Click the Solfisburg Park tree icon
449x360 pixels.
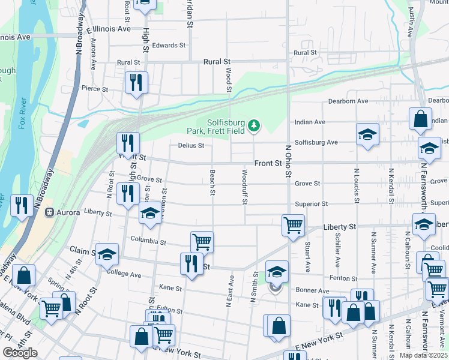255,125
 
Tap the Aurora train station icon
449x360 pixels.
50,212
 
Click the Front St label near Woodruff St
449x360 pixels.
268,163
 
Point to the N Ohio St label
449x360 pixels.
288,161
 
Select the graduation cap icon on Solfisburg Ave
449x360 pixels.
367,134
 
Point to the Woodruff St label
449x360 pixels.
244,187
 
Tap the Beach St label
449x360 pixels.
212,182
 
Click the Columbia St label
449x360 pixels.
148,242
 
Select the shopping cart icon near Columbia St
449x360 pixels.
202,241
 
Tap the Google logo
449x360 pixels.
20,353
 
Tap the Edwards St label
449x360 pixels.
169,46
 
